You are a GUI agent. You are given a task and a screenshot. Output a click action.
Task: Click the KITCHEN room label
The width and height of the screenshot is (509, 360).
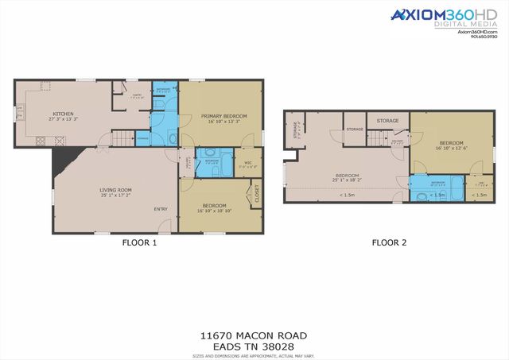(x=64, y=114)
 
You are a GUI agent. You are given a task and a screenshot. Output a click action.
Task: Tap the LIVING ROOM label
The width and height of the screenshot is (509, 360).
(x=115, y=190)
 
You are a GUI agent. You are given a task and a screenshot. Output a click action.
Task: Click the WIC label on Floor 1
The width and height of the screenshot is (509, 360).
(x=248, y=162)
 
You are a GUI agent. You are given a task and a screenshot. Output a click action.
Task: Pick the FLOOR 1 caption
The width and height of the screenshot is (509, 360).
(x=138, y=243)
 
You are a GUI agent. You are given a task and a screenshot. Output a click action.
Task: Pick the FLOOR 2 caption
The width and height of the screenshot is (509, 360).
(x=390, y=243)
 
